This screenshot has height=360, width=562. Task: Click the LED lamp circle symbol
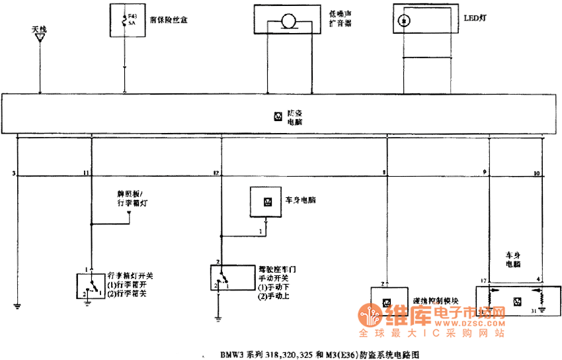click(x=403, y=21)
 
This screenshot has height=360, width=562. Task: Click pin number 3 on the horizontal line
click(x=13, y=173)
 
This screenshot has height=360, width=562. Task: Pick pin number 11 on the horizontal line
click(x=85, y=173)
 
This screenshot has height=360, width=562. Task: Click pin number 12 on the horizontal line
click(x=216, y=173)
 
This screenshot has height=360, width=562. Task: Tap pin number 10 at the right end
click(x=536, y=173)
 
